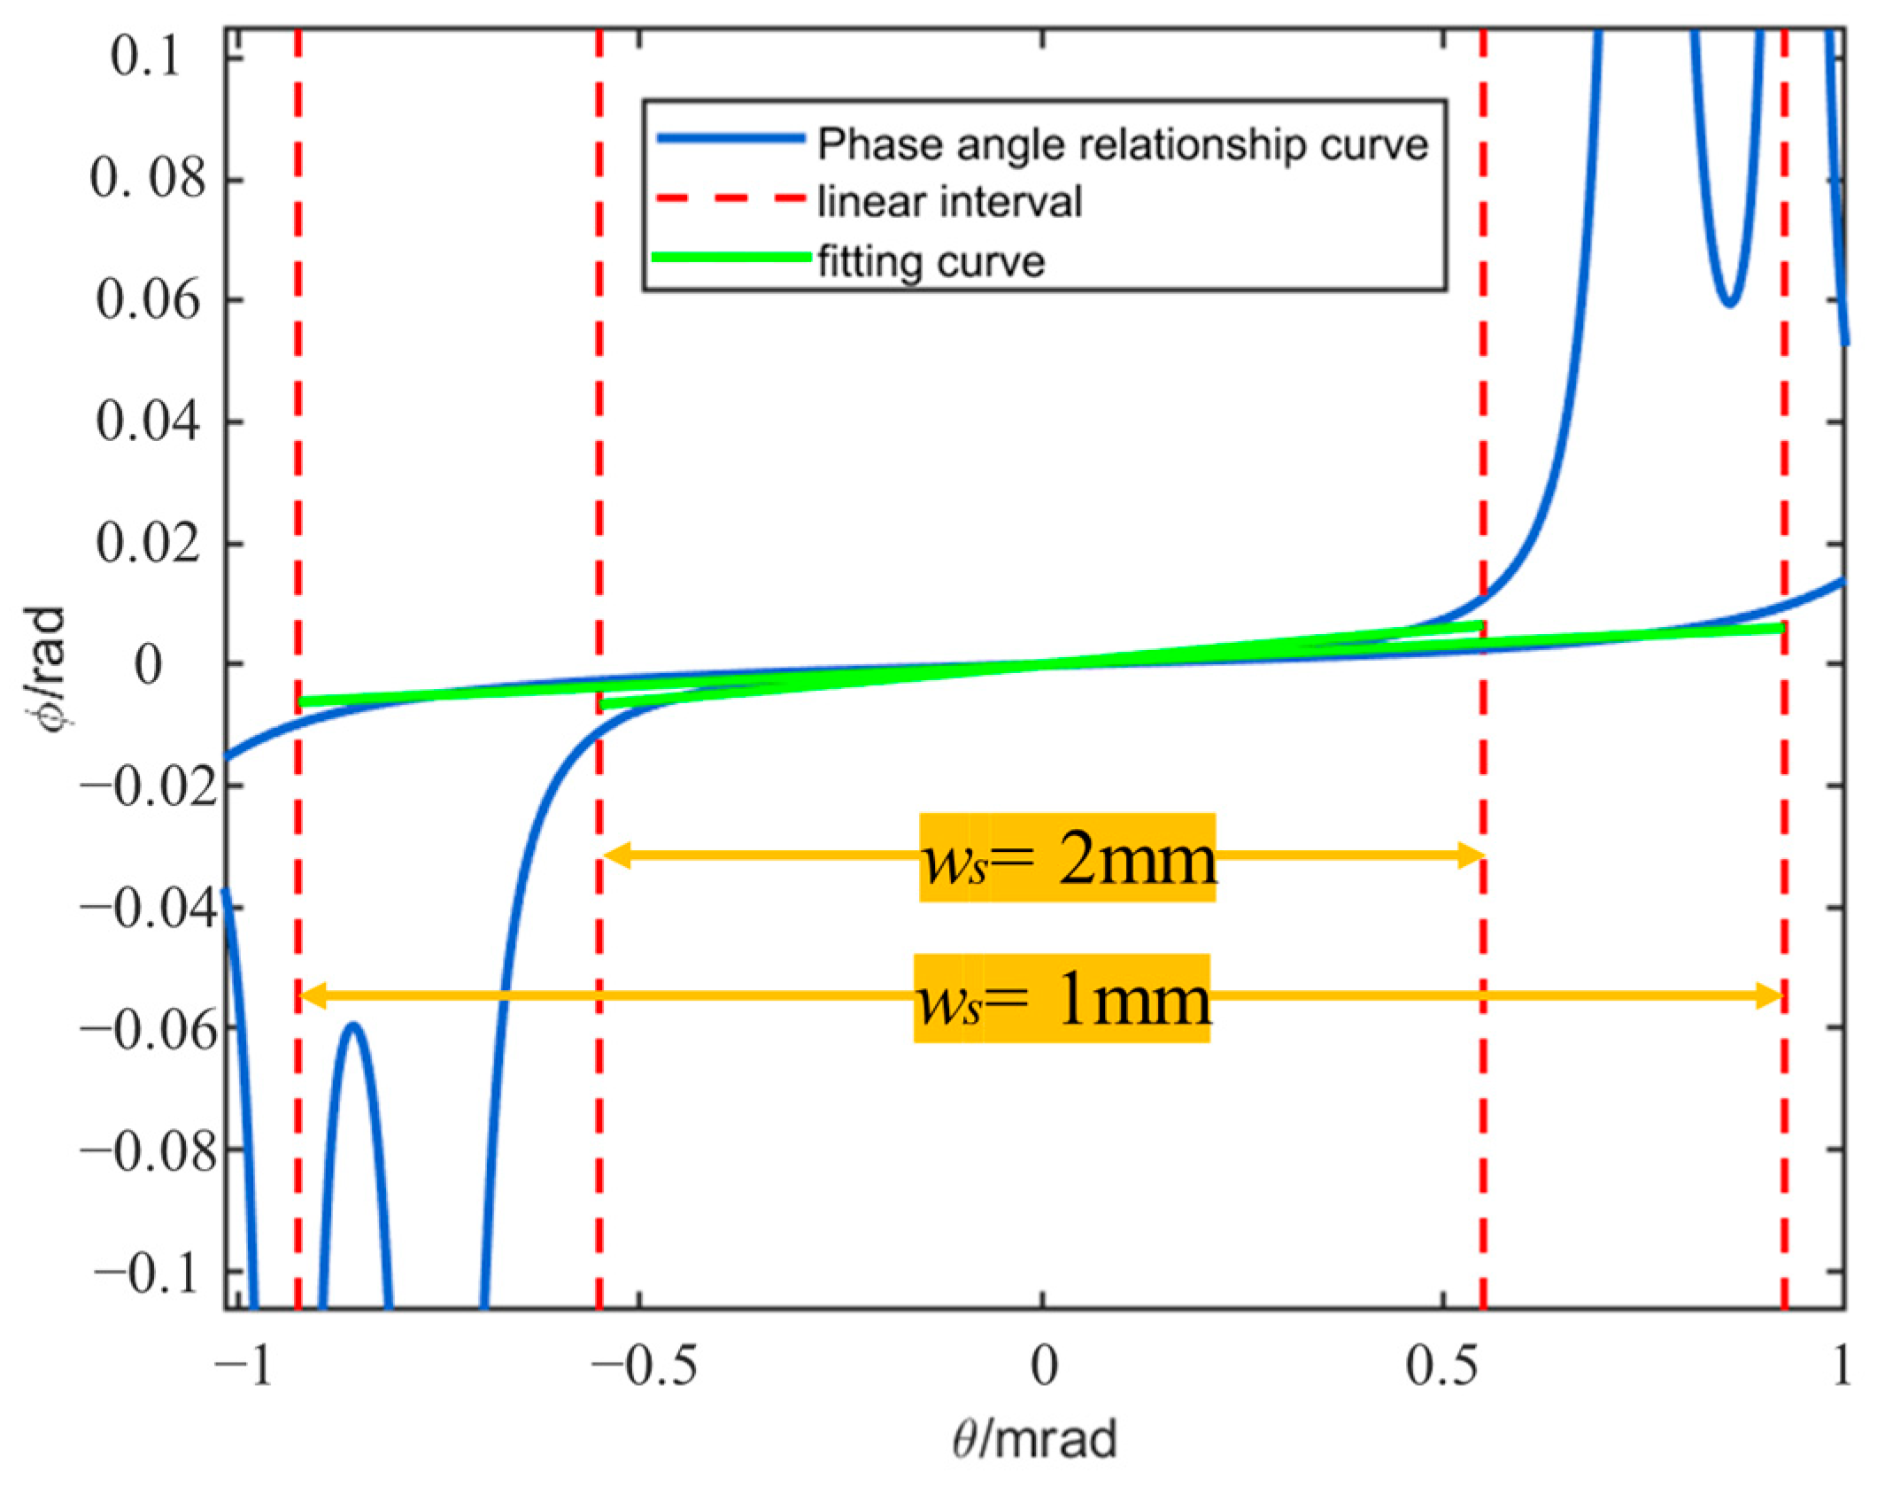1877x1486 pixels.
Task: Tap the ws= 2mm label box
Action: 1067,856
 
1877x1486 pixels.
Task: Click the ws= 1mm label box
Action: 1062,997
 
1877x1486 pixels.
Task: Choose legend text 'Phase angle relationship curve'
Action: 1122,143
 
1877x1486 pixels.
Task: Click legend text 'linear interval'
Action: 949,202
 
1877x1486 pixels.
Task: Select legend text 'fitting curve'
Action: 931,260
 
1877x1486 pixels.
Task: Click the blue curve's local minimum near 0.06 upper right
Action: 1729,304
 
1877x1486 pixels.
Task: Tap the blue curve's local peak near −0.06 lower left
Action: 353,1026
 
